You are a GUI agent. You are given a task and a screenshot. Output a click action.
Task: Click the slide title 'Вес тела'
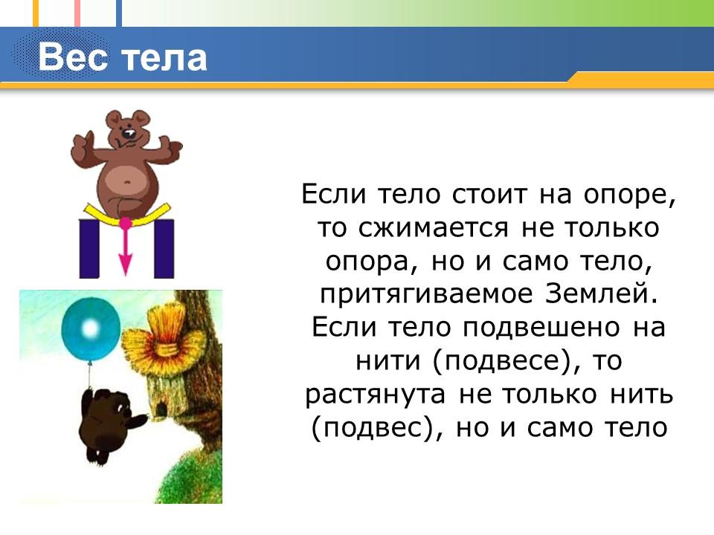tap(123, 57)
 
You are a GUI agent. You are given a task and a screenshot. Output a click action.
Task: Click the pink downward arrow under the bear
tap(126, 253)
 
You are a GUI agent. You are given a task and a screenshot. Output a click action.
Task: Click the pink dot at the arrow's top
tap(126, 222)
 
